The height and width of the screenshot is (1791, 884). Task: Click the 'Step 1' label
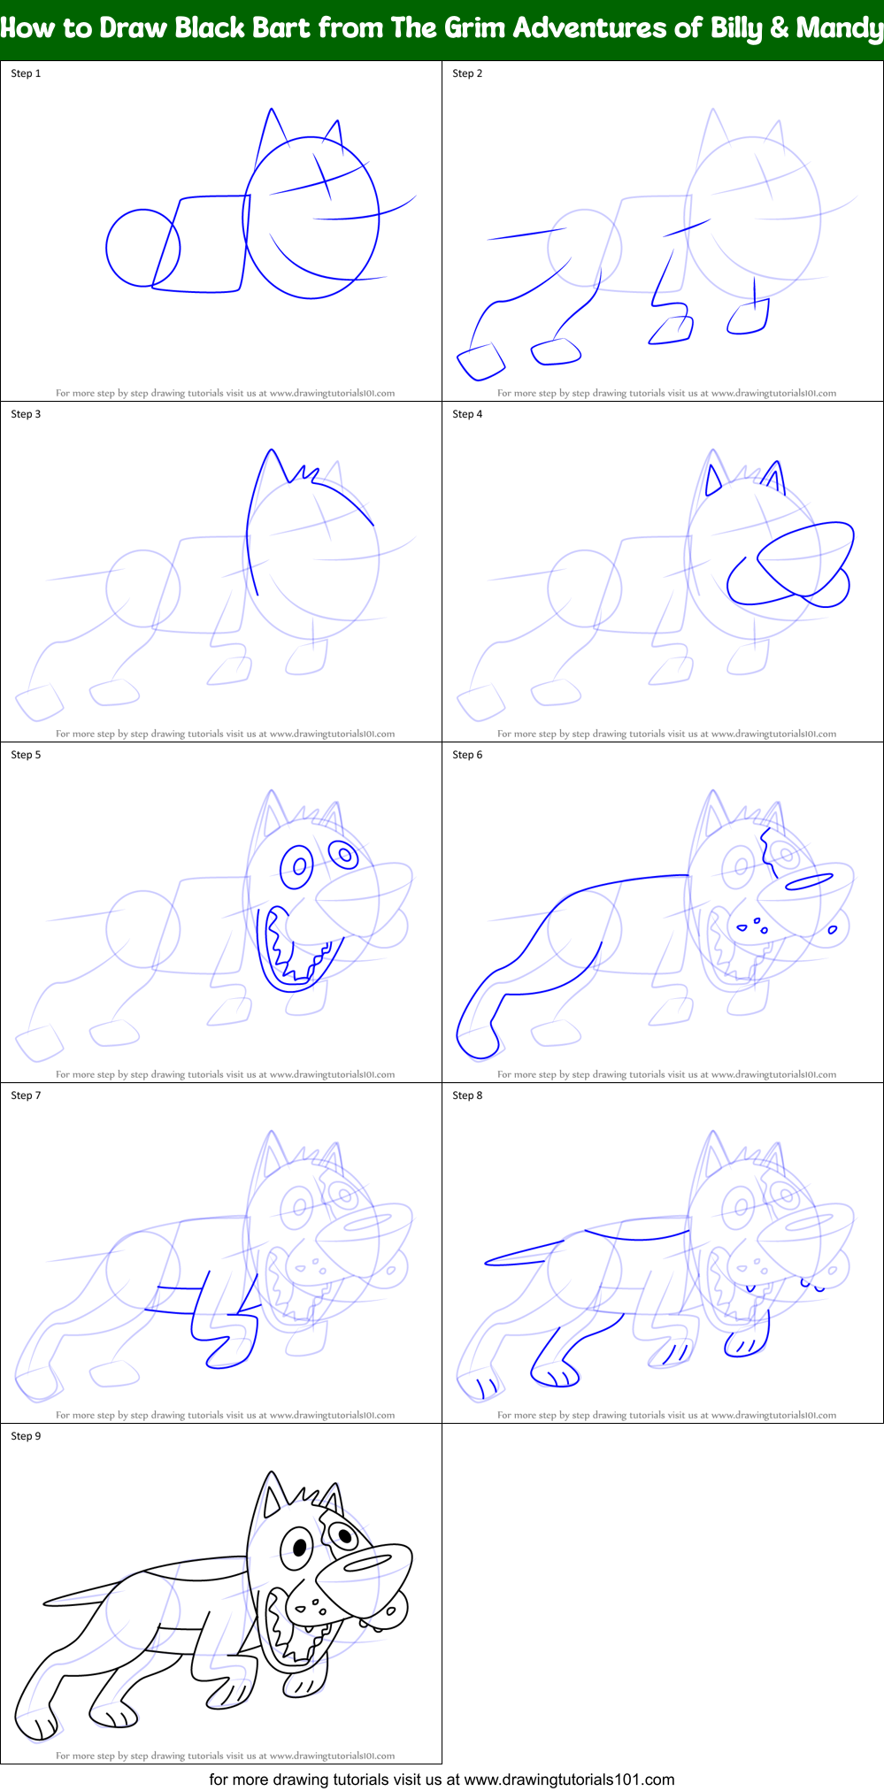(x=26, y=73)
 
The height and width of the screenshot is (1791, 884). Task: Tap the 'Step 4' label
(x=467, y=414)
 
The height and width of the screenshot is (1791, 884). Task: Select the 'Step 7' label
(x=26, y=1095)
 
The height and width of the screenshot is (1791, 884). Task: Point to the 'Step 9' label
(x=26, y=1436)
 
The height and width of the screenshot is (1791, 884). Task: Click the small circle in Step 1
(x=142, y=248)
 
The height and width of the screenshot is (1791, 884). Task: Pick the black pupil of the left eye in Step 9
(x=300, y=1548)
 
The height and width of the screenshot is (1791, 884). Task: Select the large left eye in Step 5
(x=298, y=865)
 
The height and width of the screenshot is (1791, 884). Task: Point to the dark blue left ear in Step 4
(x=713, y=480)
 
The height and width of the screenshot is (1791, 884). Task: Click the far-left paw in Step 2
(x=480, y=361)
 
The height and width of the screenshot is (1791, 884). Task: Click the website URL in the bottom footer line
(x=569, y=1779)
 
